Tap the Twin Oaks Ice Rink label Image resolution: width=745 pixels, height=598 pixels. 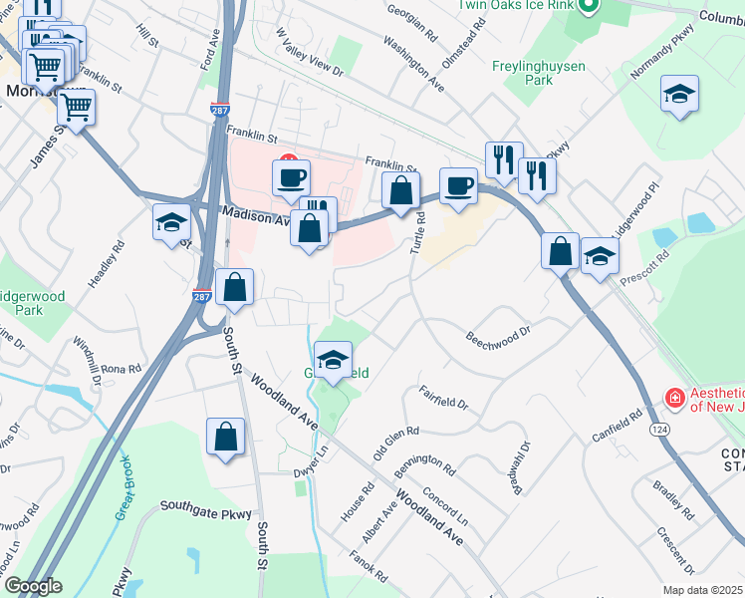click(x=518, y=5)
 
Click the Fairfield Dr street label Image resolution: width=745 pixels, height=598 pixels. click(x=443, y=397)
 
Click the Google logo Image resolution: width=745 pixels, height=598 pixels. click(x=32, y=586)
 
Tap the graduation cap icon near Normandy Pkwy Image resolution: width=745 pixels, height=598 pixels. click(x=679, y=95)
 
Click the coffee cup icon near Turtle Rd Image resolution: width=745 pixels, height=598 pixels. click(x=458, y=186)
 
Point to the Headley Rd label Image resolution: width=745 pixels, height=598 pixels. click(x=107, y=265)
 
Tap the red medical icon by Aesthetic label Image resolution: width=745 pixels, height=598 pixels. click(x=674, y=398)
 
